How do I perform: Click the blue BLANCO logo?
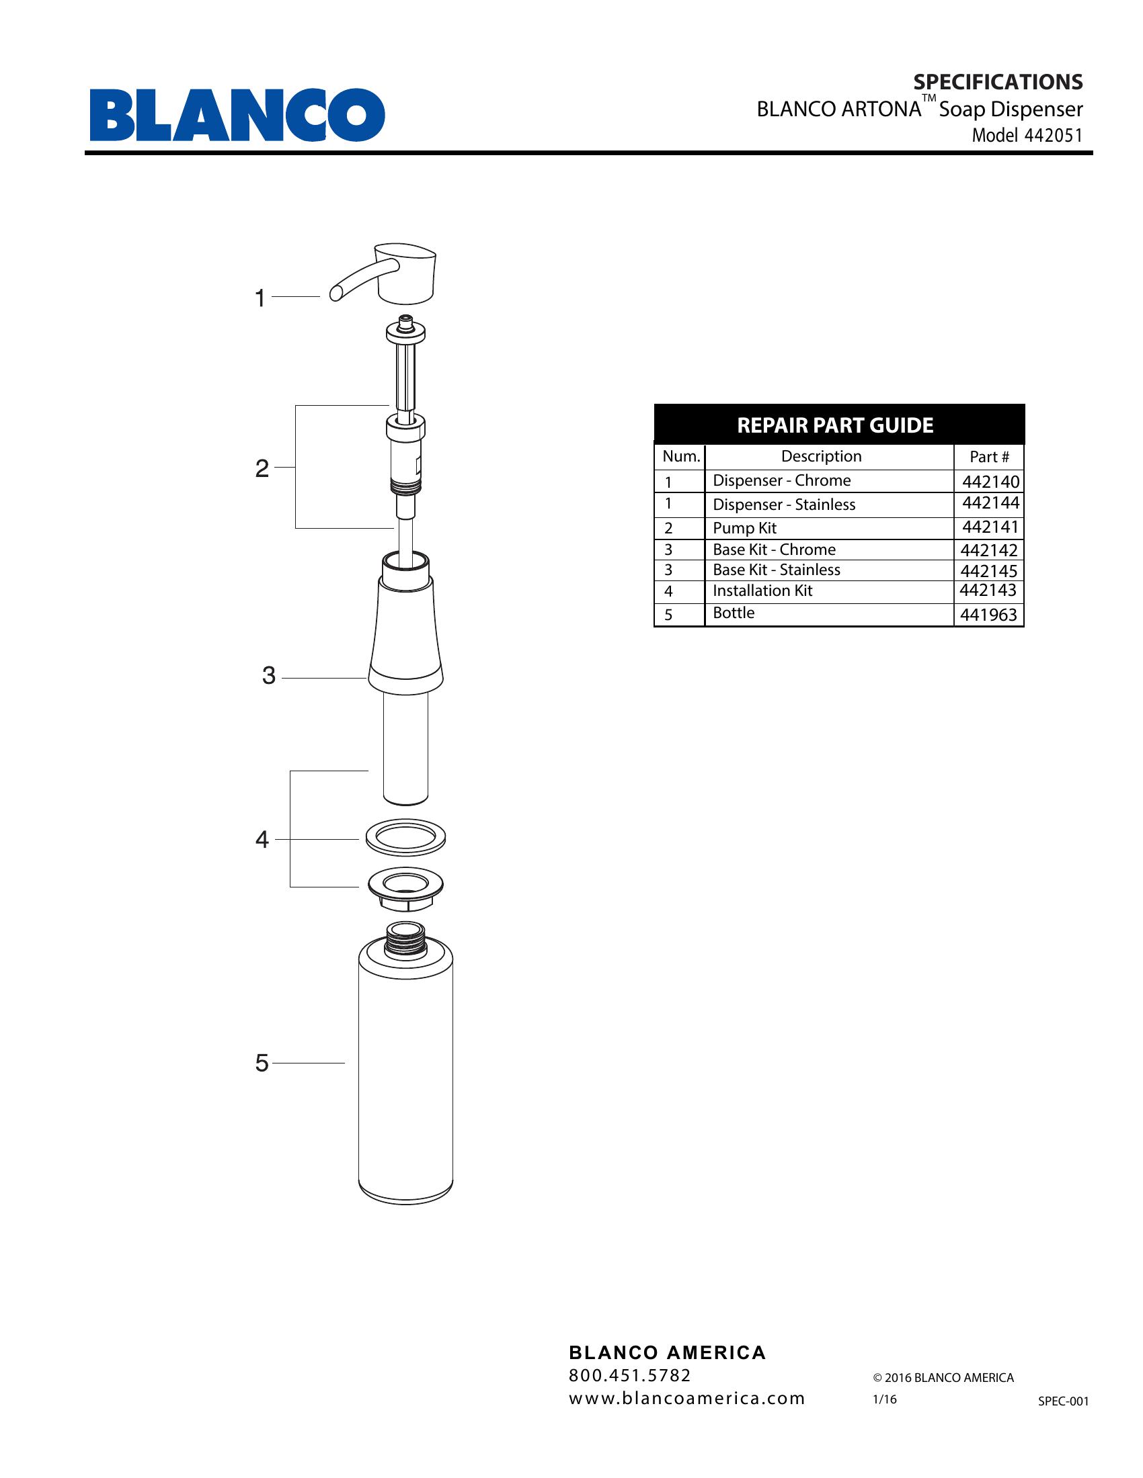click(237, 115)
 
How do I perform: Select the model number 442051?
click(1054, 135)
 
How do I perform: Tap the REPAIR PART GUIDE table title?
click(835, 426)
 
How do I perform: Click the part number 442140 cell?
click(990, 482)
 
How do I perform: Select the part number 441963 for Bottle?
click(988, 615)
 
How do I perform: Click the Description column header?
click(822, 456)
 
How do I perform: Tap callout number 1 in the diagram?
click(260, 298)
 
